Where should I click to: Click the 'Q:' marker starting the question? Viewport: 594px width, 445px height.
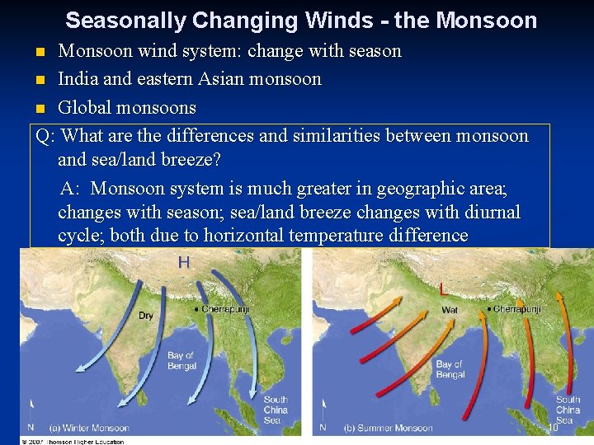[x=46, y=135]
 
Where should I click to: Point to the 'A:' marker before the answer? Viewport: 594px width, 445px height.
[x=71, y=189]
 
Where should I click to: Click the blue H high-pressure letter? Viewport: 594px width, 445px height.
[x=184, y=263]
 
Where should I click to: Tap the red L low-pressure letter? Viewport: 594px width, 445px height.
[x=445, y=289]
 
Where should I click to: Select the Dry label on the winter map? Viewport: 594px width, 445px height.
[x=145, y=316]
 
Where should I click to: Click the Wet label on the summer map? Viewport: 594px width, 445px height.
[x=450, y=311]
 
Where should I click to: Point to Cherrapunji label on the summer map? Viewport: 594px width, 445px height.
[x=517, y=309]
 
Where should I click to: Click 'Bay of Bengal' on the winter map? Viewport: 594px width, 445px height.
[x=181, y=361]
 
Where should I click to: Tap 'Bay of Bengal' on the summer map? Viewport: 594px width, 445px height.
[x=450, y=369]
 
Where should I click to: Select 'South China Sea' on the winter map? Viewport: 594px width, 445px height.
[x=276, y=410]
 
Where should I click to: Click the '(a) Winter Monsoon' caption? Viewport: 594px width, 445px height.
[x=89, y=428]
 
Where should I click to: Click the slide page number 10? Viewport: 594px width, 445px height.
[x=553, y=428]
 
